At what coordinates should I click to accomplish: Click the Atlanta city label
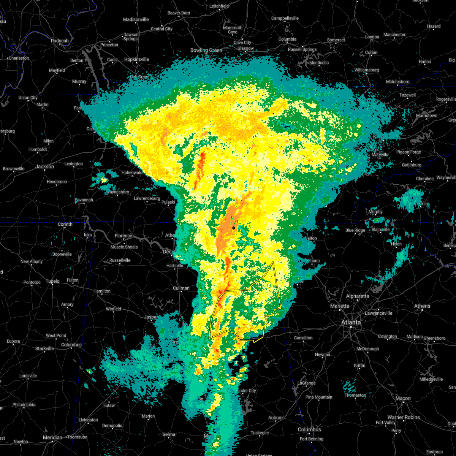[x=351, y=322]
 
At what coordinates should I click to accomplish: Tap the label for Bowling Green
[x=206, y=51]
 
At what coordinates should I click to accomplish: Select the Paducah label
[x=60, y=41]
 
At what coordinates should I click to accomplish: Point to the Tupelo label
[x=53, y=281]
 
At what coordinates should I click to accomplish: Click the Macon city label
[x=403, y=398]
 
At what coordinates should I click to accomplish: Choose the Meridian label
[x=52, y=437]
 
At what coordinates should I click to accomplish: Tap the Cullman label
[x=181, y=288]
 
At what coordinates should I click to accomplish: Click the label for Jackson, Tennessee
[x=44, y=166]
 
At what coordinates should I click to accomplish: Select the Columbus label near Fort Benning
[x=309, y=429]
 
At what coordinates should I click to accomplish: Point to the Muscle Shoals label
[x=124, y=247]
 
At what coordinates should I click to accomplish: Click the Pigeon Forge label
[x=408, y=152]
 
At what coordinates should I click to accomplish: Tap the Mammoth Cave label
[x=233, y=30]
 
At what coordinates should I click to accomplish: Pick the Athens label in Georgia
[x=422, y=306]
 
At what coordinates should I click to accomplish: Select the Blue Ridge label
[x=355, y=230]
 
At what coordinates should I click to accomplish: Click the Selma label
[x=169, y=434]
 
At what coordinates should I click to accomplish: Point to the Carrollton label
[x=303, y=337]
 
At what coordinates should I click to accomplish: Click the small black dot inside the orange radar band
[x=234, y=228]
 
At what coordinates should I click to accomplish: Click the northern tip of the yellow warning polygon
[x=273, y=262]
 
